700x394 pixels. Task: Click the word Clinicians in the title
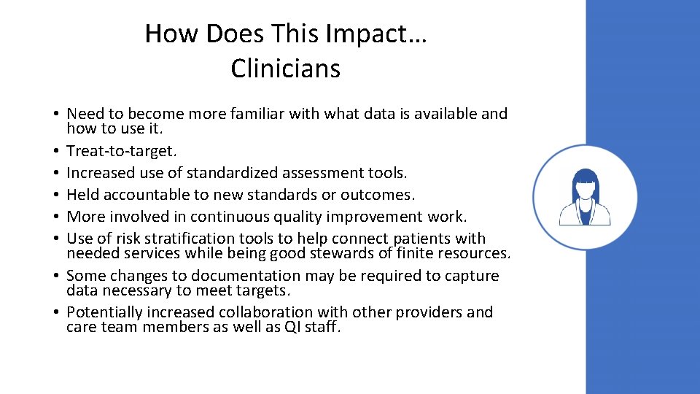(x=285, y=69)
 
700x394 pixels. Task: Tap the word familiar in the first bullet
(x=257, y=114)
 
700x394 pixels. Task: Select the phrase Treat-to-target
(x=121, y=151)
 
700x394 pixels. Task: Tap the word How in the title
(x=163, y=34)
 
